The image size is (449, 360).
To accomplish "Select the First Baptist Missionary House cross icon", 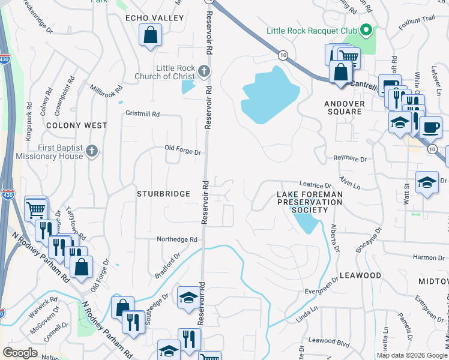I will (x=91, y=150).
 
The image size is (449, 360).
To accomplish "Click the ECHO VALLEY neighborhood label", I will (x=154, y=19).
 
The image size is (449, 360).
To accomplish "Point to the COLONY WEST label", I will (x=77, y=125).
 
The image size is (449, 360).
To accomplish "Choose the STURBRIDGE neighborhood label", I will (x=163, y=194).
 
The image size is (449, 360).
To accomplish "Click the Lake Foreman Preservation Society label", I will (x=310, y=202).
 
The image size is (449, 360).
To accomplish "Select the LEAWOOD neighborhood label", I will (x=360, y=275).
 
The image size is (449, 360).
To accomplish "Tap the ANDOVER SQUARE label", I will (x=345, y=107).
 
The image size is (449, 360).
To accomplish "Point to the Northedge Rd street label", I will (x=177, y=239).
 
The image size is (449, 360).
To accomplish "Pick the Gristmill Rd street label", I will (x=142, y=113).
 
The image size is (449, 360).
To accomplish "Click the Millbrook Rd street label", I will (x=106, y=96).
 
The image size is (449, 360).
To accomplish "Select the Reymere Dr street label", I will (x=350, y=159).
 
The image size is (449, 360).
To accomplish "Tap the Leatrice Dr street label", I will (x=316, y=185).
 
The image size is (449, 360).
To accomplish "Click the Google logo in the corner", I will (x=20, y=353).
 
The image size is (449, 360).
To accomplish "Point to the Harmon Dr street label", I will (x=429, y=257).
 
